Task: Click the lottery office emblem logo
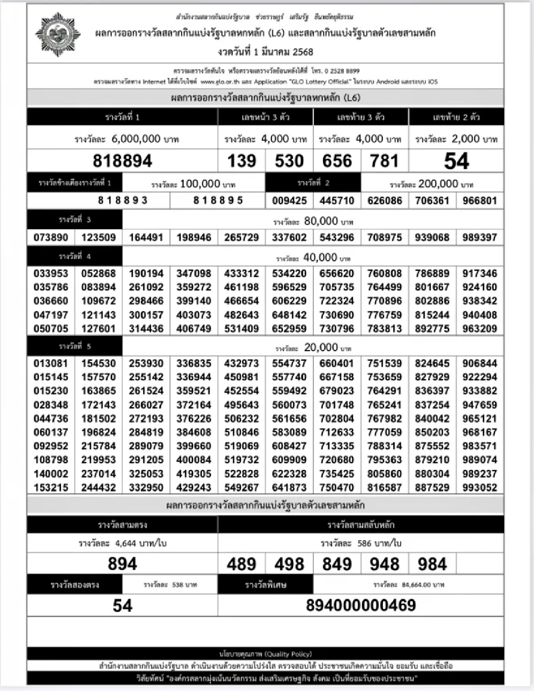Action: click(58, 34)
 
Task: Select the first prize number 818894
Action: click(122, 161)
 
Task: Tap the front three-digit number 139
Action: click(242, 161)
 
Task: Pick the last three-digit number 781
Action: click(384, 161)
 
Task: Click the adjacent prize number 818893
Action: click(122, 200)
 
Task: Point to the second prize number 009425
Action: click(289, 200)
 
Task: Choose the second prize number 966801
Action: click(480, 200)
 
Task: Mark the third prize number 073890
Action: click(51, 237)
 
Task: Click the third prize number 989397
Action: click(480, 237)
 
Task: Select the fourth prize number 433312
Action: click(242, 273)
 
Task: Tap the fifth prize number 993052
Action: click(480, 487)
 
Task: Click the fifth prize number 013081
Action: click(51, 363)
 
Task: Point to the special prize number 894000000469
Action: click(361, 605)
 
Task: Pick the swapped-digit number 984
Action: click(432, 564)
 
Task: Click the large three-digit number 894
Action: click(122, 564)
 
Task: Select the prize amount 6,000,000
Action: click(136, 139)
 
